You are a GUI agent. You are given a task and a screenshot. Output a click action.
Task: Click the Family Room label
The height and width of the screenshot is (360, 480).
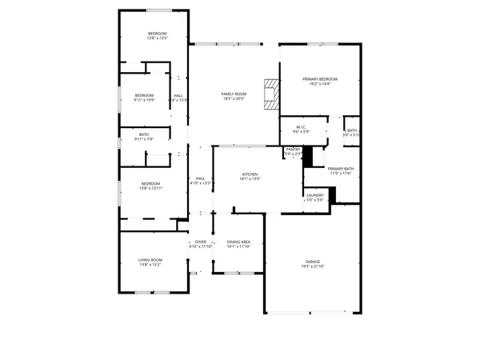tap(234, 94)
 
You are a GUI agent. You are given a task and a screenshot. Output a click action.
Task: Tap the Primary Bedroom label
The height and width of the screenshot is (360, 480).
tap(320, 79)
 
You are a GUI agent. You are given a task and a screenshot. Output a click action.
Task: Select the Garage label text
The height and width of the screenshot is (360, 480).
tap(312, 262)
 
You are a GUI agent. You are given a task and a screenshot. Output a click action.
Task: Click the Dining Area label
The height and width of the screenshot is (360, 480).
tap(239, 242)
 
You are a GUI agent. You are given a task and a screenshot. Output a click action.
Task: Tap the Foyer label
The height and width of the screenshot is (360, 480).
tap(201, 242)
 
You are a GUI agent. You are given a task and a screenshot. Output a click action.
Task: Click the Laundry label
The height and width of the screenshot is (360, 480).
tap(314, 195)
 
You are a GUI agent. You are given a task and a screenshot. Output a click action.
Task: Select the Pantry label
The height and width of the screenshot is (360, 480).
tap(294, 149)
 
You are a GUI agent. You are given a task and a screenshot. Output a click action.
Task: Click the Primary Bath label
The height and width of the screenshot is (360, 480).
tap(341, 169)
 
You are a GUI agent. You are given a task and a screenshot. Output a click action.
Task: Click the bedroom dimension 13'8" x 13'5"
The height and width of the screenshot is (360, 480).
tap(156, 38)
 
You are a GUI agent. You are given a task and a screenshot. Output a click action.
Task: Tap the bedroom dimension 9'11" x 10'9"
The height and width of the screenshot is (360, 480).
tap(144, 100)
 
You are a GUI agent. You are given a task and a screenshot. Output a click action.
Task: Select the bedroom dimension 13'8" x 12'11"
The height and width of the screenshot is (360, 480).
tap(151, 189)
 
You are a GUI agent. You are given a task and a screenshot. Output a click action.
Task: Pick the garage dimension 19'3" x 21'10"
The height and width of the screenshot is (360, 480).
tap(312, 266)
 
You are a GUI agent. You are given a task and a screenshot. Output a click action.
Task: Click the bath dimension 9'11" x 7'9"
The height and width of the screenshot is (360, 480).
tap(144, 140)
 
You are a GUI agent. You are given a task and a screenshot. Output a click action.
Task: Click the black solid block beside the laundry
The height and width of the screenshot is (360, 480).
tap(334, 194)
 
